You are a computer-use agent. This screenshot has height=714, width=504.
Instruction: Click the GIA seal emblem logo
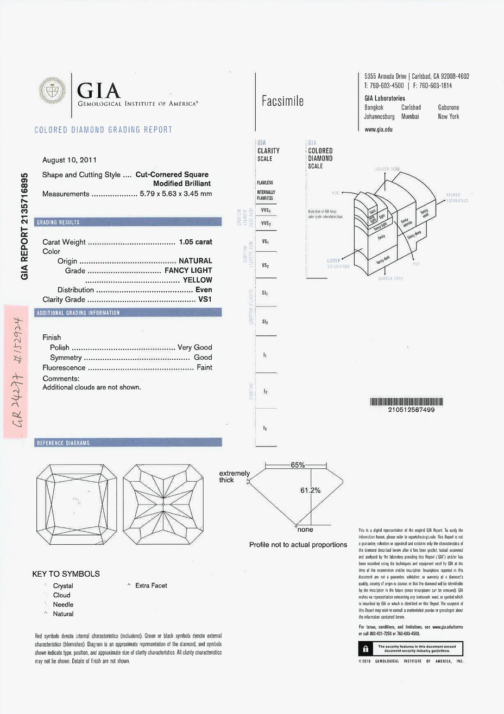click(53, 93)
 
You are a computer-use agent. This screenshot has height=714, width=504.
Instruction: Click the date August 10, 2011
click(70, 160)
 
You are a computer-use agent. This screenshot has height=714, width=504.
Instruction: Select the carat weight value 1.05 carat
click(196, 242)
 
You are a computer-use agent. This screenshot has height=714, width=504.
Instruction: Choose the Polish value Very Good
click(195, 347)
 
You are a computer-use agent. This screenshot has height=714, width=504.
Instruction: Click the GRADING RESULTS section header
click(58, 222)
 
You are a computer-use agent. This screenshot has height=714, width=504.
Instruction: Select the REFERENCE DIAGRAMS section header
click(62, 443)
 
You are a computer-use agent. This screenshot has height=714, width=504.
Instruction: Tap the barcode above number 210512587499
click(407, 402)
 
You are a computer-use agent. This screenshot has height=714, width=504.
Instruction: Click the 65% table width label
click(298, 465)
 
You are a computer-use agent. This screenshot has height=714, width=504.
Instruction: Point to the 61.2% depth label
click(310, 490)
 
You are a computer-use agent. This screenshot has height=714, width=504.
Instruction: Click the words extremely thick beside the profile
click(234, 476)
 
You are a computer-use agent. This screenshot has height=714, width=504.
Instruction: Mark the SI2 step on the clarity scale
click(265, 322)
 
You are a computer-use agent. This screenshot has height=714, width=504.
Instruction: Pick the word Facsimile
click(282, 101)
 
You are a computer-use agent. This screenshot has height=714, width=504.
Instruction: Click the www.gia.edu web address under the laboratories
click(379, 130)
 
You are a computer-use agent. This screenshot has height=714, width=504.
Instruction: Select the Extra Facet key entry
click(151, 585)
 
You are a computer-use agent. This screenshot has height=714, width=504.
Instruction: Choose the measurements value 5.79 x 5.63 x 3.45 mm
click(176, 194)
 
